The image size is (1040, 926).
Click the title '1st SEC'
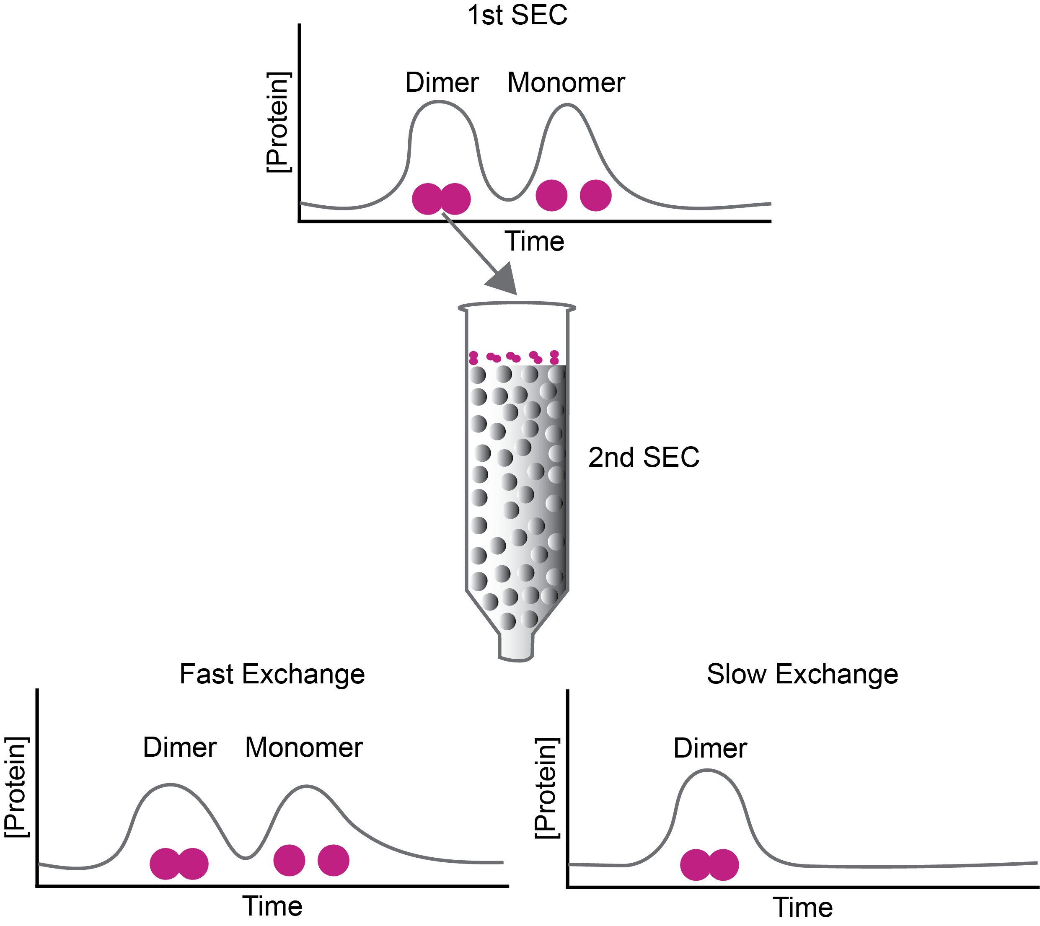(517, 15)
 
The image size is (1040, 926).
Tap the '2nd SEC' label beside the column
(644, 458)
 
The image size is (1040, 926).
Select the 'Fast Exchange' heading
(272, 675)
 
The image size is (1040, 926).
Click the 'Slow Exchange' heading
(802, 675)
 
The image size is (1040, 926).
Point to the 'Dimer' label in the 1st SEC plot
(442, 83)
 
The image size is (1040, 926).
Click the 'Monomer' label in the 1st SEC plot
(566, 83)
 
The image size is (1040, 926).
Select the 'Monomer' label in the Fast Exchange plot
(304, 748)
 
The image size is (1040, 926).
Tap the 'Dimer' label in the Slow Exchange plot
(710, 749)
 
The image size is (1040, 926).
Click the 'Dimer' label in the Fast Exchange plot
(180, 748)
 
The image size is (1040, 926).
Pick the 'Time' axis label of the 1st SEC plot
(534, 242)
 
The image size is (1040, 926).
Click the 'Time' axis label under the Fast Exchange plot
(272, 907)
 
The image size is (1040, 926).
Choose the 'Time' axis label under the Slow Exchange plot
(802, 908)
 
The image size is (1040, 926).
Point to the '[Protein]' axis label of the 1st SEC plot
(278, 123)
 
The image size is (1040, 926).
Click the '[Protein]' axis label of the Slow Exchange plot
(547, 788)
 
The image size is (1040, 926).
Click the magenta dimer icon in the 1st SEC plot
(441, 199)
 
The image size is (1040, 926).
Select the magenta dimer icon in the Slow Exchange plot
(709, 865)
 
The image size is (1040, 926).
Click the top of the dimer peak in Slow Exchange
(707, 771)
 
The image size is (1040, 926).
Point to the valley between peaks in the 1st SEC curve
(508, 199)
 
